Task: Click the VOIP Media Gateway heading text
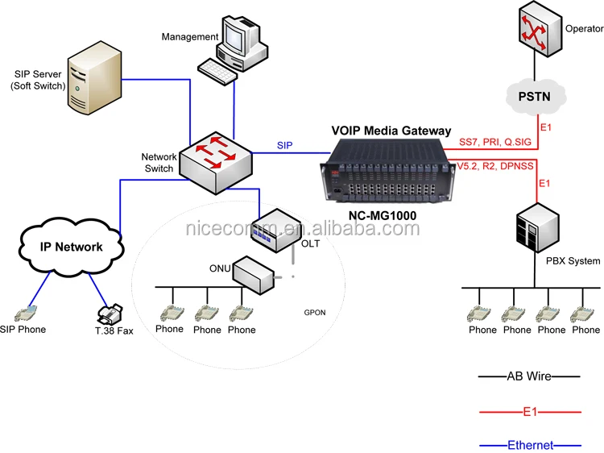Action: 392,131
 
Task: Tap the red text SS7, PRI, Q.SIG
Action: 496,142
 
